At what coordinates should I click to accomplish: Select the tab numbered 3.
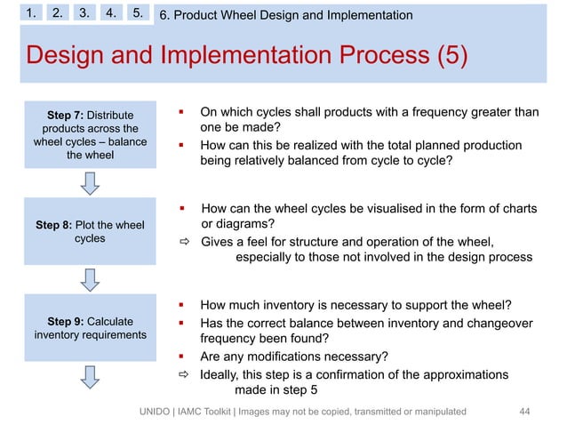(x=84, y=14)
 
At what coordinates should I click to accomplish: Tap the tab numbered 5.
(x=138, y=14)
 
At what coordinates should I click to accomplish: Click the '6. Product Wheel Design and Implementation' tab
(x=285, y=15)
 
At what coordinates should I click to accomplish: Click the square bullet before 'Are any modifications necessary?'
(x=180, y=357)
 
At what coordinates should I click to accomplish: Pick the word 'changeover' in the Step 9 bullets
(x=485, y=323)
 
